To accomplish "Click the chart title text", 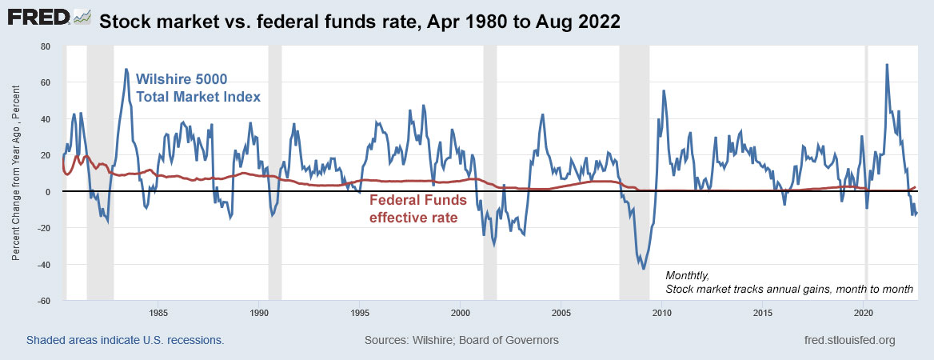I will (359, 22).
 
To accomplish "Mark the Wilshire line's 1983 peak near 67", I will (126, 70).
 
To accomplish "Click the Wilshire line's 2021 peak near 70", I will (887, 65).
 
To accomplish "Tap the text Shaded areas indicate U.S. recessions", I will (125, 340).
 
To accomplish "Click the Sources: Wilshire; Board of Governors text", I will (461, 340).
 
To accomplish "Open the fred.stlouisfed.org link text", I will (849, 340).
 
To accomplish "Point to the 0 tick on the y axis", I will (49, 192).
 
